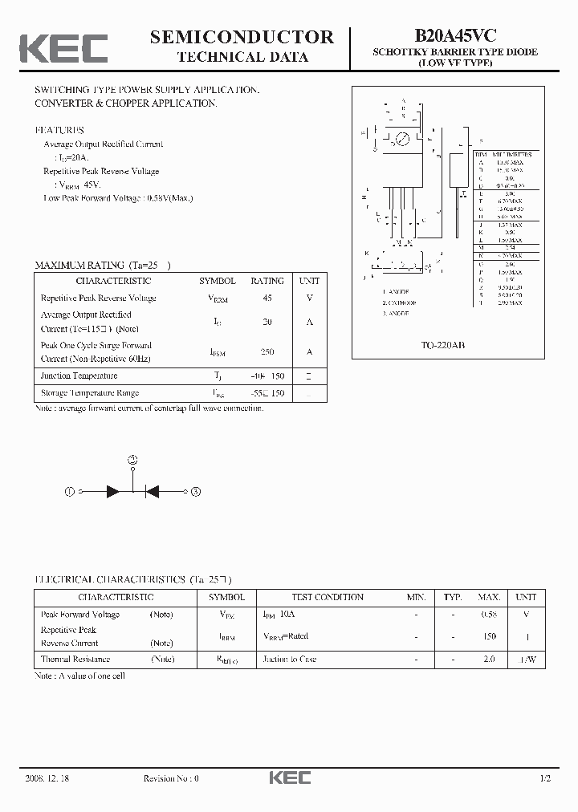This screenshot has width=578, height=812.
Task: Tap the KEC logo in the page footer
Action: tap(289, 777)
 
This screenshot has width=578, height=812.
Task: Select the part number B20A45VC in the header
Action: tap(455, 36)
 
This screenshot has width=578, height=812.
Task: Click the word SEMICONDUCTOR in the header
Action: tap(242, 37)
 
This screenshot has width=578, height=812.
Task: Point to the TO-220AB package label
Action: tap(443, 344)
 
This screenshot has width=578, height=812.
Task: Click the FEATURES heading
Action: tap(59, 130)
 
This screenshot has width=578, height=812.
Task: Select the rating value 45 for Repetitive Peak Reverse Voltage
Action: tap(267, 298)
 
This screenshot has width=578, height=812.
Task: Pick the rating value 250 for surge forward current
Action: tap(267, 351)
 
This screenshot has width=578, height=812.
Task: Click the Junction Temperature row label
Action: tap(79, 376)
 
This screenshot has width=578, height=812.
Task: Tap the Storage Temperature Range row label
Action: tap(90, 393)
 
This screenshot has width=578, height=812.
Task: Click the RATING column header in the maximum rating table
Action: tap(267, 281)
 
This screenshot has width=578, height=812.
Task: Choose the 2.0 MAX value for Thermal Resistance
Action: tap(489, 659)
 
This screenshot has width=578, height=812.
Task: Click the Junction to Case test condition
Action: tap(290, 659)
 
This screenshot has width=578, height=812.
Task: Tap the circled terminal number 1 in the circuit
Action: tap(70, 491)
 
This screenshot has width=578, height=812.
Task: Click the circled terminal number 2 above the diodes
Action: tap(133, 460)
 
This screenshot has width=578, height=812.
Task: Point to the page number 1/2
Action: tap(545, 778)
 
